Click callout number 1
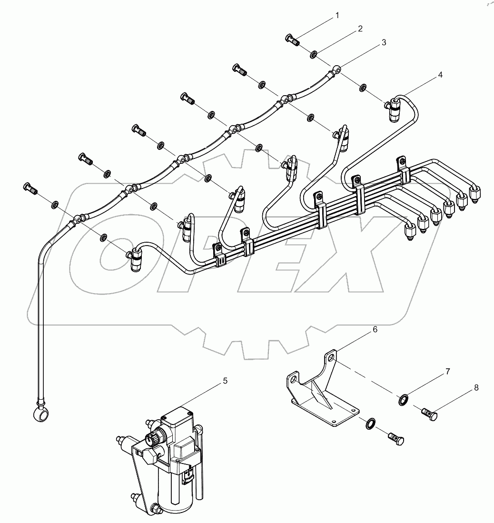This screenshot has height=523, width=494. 337,15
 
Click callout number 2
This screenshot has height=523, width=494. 360,29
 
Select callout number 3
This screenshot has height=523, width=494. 383,42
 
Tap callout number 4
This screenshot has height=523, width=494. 440,75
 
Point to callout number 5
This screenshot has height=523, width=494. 225,381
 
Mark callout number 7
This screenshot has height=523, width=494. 447,371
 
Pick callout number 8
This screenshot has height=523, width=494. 476,389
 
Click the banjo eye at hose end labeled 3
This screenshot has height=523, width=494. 337,69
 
